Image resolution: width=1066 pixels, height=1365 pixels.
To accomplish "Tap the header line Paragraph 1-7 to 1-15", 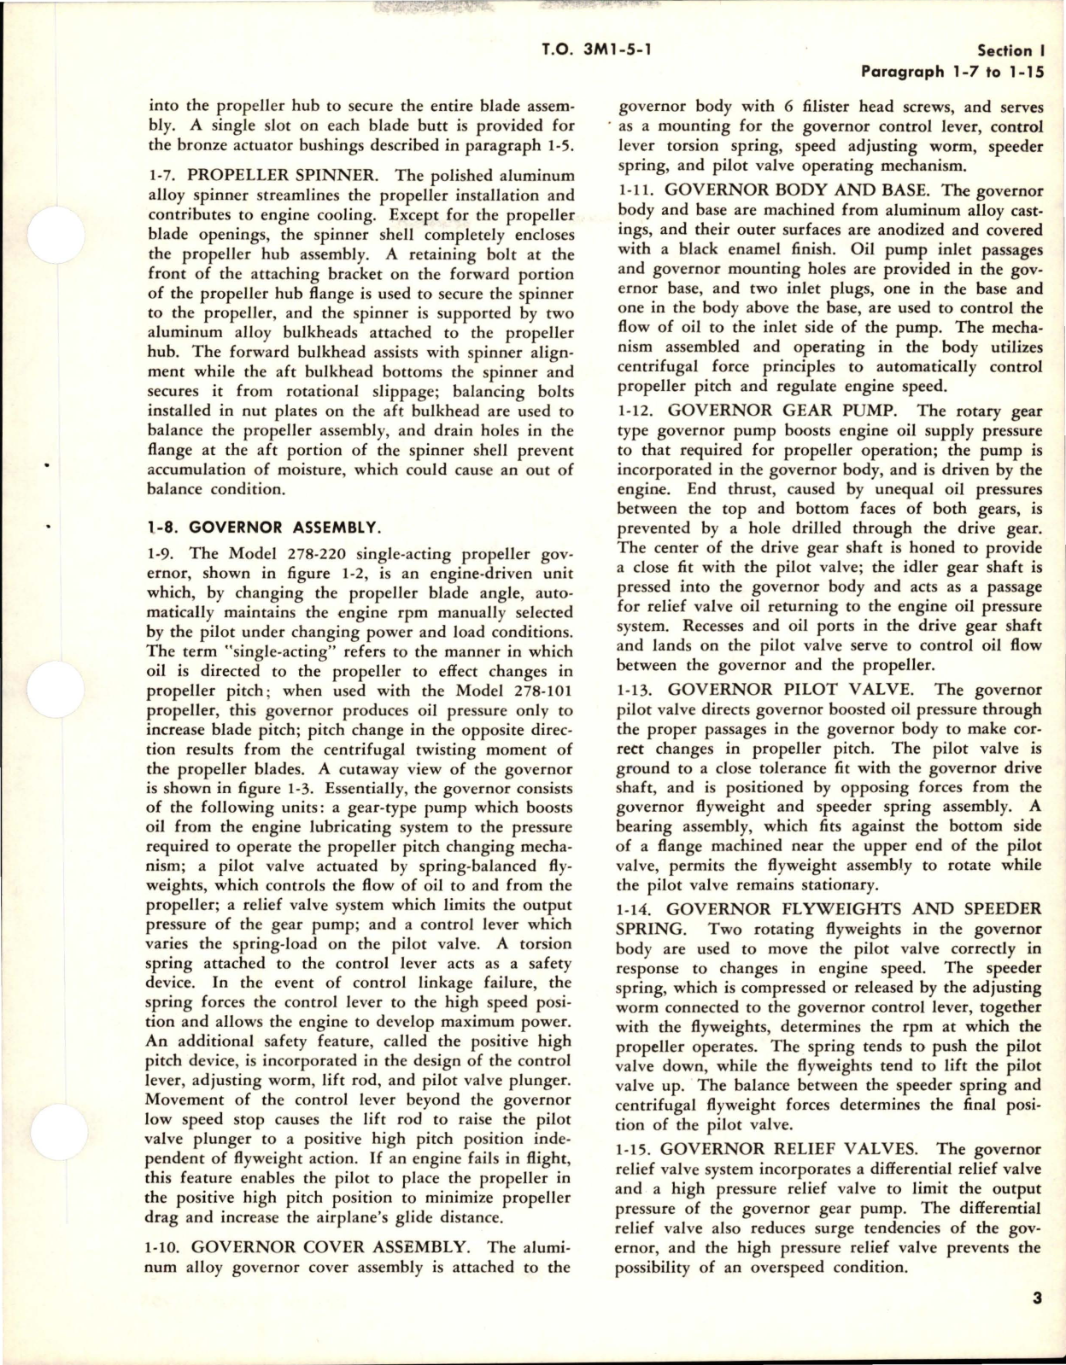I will click(952, 72).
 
